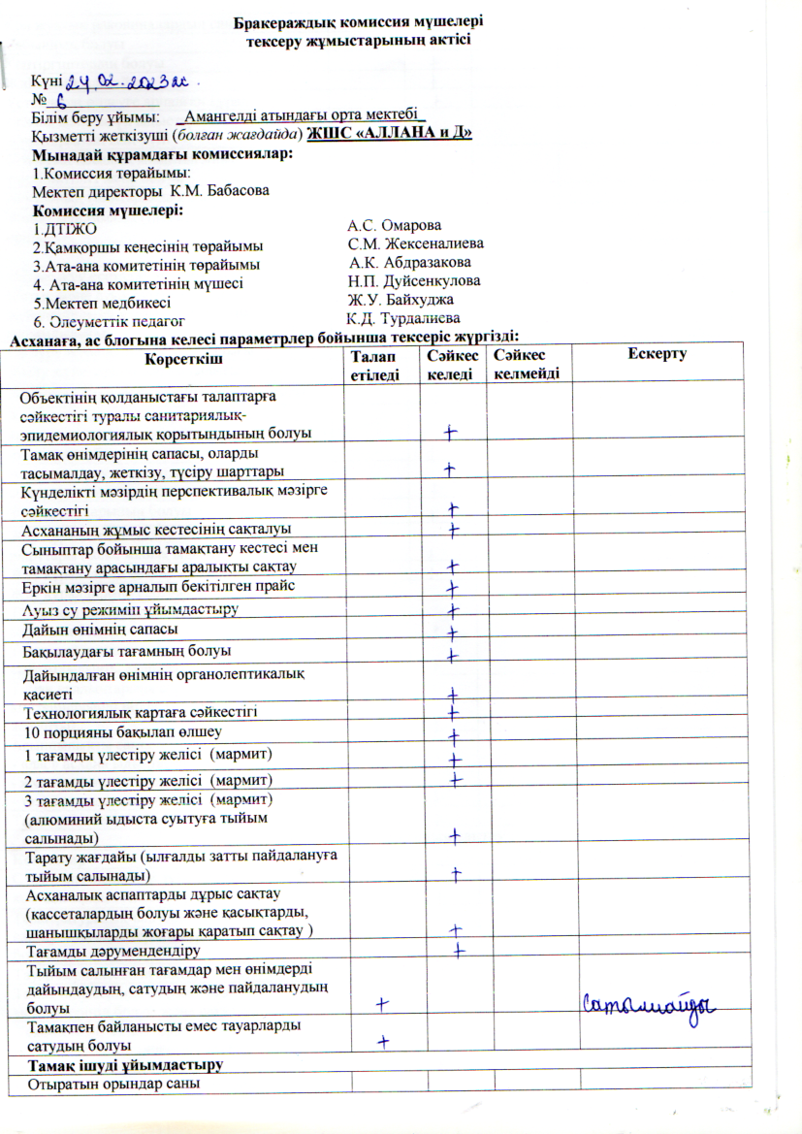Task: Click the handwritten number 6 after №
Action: point(60,98)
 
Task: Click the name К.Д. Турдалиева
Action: point(402,317)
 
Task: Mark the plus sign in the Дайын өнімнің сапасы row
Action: point(452,632)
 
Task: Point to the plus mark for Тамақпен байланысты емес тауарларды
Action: point(384,1041)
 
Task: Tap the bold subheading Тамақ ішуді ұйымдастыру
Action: point(126,1065)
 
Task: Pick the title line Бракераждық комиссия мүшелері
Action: point(357,19)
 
